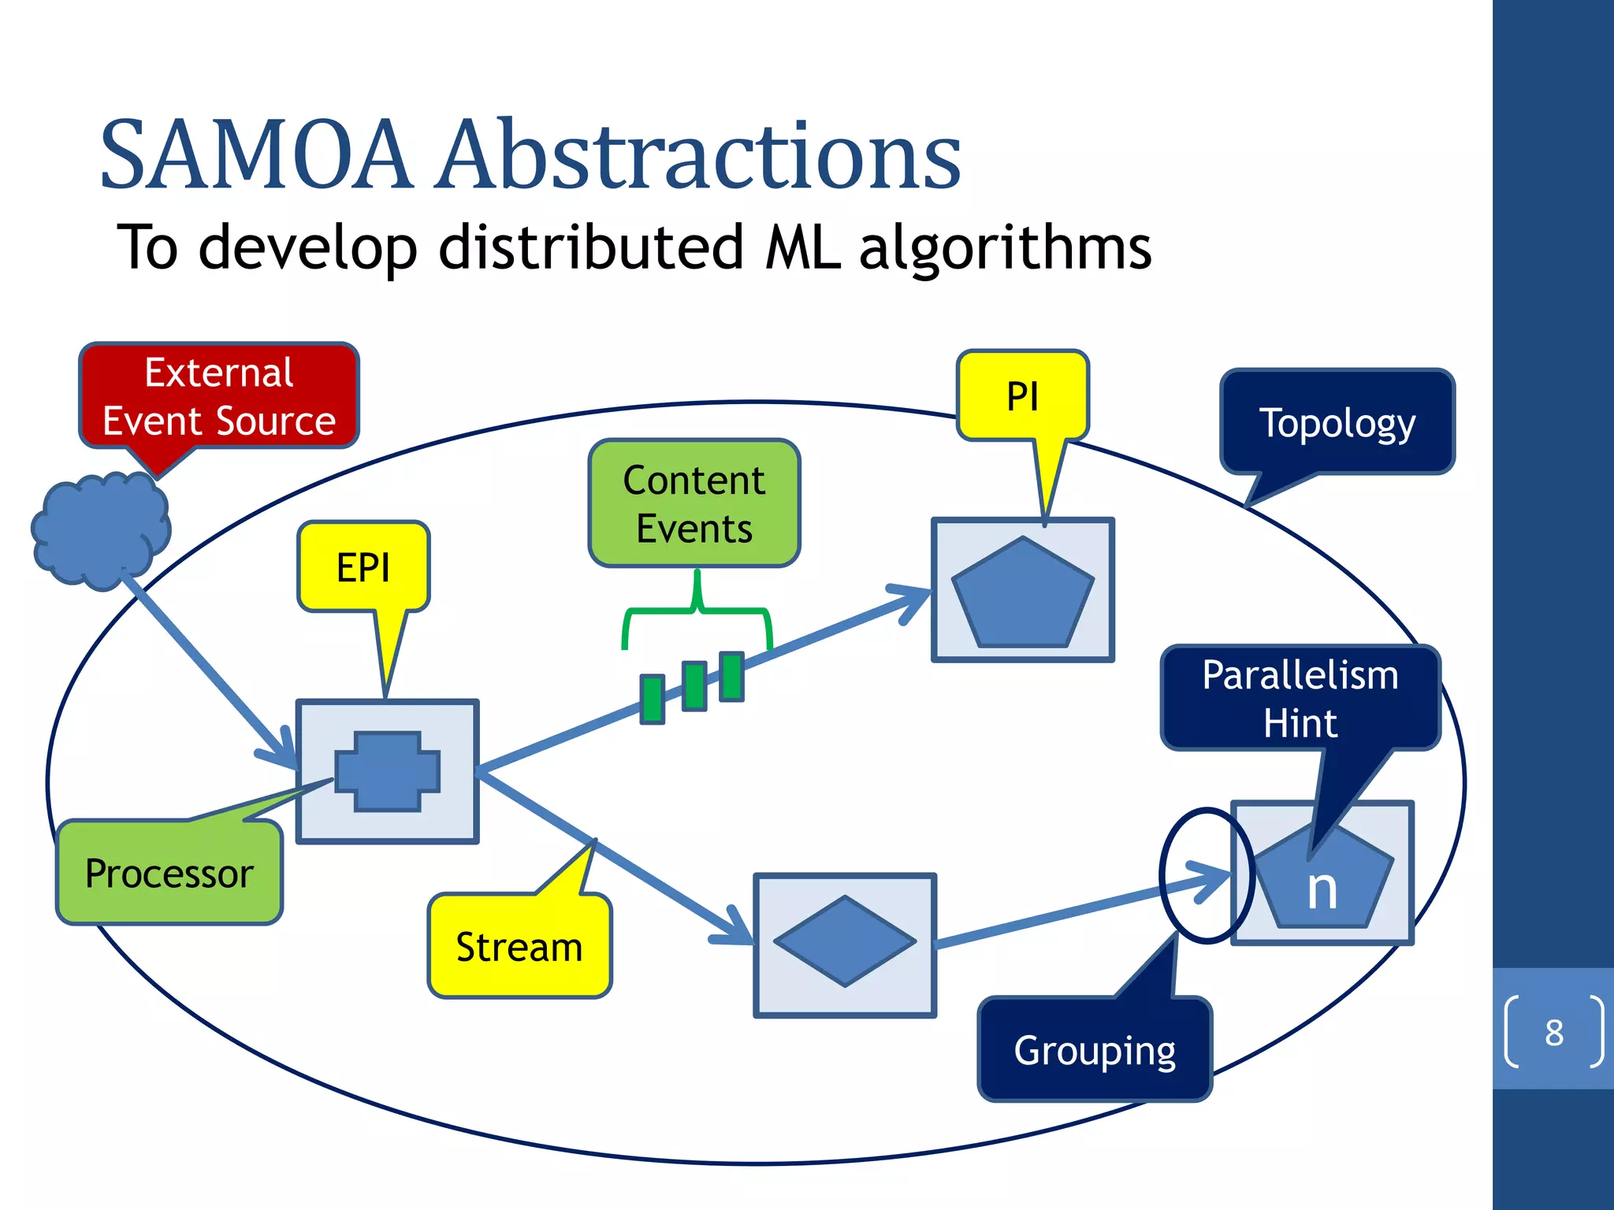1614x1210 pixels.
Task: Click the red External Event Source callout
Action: (219, 396)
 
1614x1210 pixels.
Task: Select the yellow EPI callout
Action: (363, 566)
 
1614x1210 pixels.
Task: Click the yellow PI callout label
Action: (1022, 396)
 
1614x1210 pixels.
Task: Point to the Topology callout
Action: (1337, 422)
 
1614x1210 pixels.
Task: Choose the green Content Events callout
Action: (694, 503)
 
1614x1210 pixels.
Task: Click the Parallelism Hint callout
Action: (1300, 698)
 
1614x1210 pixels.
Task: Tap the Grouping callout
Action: (1095, 1049)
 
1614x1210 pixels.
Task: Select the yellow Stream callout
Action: (519, 946)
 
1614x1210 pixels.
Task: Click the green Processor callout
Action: (169, 873)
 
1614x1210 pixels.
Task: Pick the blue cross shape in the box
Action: (387, 771)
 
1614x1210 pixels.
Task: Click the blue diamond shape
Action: (845, 941)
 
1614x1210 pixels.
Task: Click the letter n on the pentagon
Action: (1322, 890)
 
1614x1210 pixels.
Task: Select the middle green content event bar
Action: (694, 686)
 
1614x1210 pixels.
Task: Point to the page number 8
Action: (1553, 1032)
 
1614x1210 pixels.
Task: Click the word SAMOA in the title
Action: (256, 155)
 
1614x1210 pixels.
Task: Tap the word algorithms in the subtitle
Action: (1005, 248)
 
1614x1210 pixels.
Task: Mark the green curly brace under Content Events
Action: (697, 610)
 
